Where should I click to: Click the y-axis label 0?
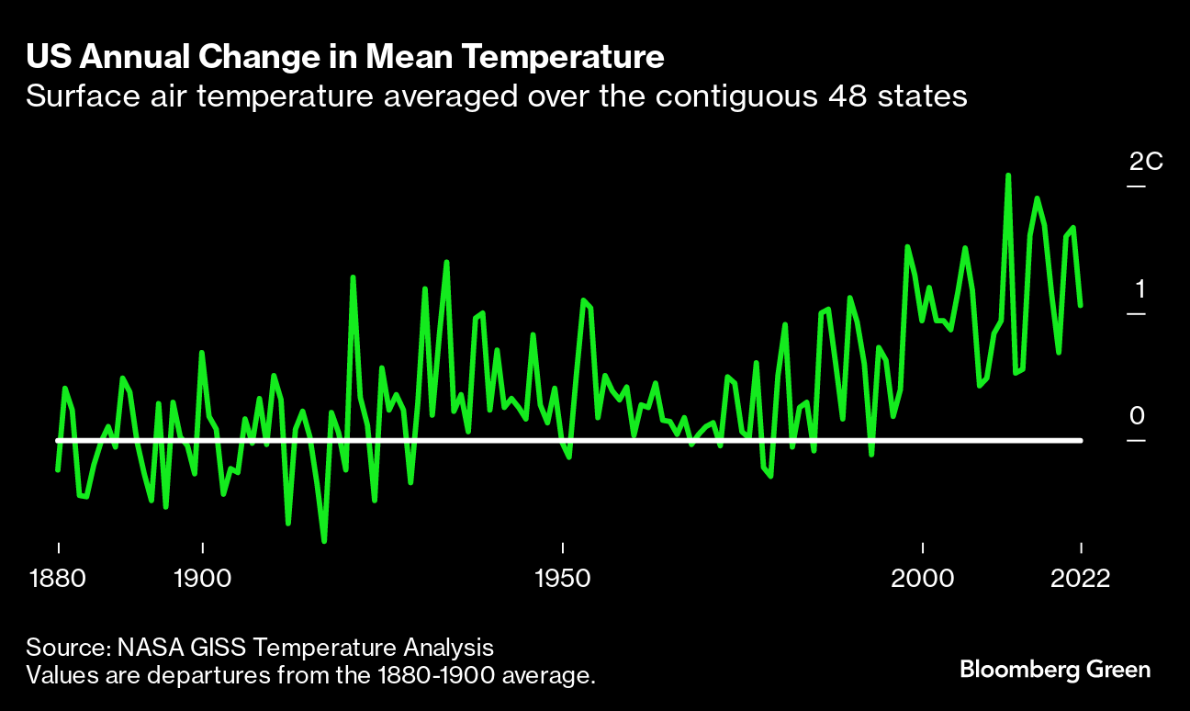coord(1138,416)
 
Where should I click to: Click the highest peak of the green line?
coord(1008,175)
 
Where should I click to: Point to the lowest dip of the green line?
coord(324,541)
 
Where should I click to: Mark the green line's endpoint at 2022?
coord(1081,305)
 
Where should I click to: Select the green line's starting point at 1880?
coord(58,470)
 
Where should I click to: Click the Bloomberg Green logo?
coord(1055,670)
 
